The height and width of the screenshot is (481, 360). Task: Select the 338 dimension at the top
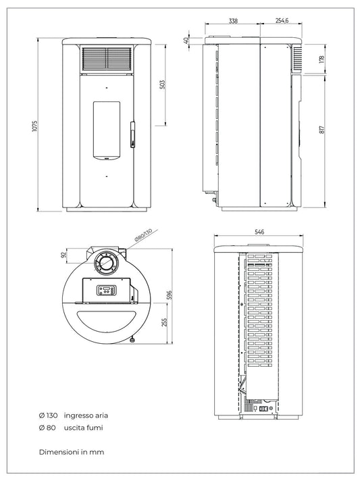click(x=233, y=21)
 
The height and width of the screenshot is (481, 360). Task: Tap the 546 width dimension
click(x=259, y=232)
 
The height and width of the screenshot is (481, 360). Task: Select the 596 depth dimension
click(x=170, y=295)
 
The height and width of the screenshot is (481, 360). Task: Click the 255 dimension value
click(x=164, y=323)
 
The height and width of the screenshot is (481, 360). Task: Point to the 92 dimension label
click(x=64, y=255)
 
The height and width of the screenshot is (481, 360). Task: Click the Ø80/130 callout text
click(x=143, y=236)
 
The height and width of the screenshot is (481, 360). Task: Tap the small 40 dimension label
click(x=186, y=40)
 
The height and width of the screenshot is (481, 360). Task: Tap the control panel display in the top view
click(x=107, y=290)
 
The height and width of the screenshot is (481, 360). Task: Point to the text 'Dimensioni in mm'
click(x=72, y=451)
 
